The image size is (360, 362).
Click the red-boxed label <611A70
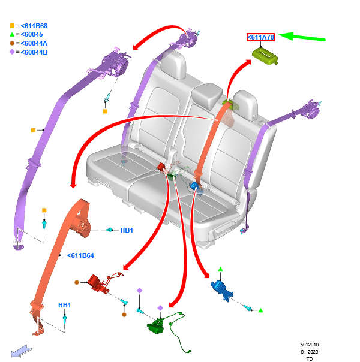pyautogui.click(x=260, y=37)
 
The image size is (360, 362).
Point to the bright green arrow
pyautogui.click(x=303, y=38)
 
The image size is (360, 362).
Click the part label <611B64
pyautogui.click(x=80, y=255)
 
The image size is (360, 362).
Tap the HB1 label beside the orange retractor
pyautogui.click(x=127, y=230)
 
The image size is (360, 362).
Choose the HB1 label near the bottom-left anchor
pyautogui.click(x=65, y=305)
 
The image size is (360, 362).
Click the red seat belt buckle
pyautogui.click(x=98, y=283)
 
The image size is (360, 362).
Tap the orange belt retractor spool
pyautogui.click(x=80, y=227)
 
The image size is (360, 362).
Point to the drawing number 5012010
pyautogui.click(x=310, y=345)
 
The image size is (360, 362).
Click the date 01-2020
pyautogui.click(x=310, y=352)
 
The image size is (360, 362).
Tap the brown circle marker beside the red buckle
pyautogui.click(x=76, y=282)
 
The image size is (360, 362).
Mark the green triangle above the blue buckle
pyautogui.click(x=220, y=269)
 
